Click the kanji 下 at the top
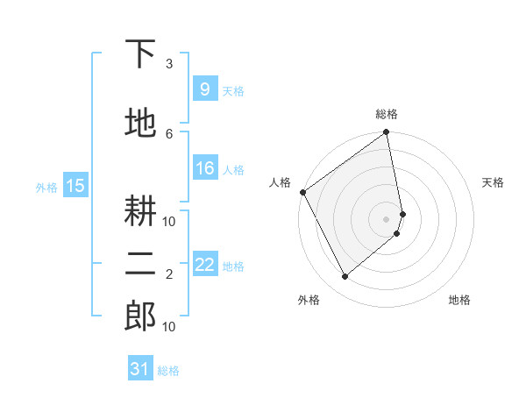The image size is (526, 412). pos(139,55)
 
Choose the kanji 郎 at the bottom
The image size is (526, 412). pos(139,316)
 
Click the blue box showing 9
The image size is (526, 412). pos(204,89)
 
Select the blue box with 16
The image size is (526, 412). pos(204,168)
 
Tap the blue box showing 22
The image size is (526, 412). pos(204,265)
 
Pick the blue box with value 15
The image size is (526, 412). pos(75,186)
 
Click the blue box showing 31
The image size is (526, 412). pos(140,369)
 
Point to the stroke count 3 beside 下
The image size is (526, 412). pos(169,64)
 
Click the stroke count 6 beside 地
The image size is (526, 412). pos(169,133)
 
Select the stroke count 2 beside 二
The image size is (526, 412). pos(169,274)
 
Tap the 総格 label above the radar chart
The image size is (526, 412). pos(387,114)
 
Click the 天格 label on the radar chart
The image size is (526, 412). pos(494,182)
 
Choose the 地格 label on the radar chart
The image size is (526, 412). pos(459,300)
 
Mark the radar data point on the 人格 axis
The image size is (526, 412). pos(302,192)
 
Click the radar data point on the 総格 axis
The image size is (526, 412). pos(387,133)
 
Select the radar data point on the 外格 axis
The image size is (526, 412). pos(345,277)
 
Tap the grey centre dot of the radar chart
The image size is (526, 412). pos(387,219)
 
